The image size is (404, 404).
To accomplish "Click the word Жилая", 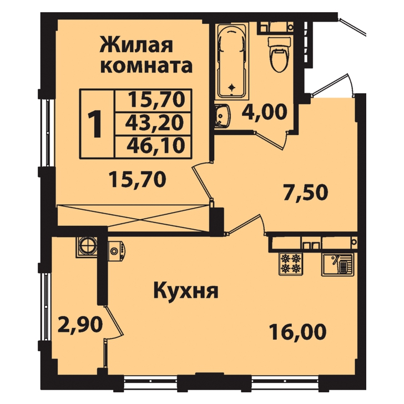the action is point(137,45).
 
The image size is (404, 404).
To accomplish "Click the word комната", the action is point(147,65).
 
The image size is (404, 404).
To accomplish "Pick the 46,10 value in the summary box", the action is point(156,145).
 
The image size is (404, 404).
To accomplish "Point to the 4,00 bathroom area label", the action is point(264,112).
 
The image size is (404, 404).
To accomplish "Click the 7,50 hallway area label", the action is point(305,192).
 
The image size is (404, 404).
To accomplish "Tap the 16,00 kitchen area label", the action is point(297,332).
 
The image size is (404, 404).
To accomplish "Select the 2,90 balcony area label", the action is point(80,325).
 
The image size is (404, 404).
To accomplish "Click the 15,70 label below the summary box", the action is point(137,179).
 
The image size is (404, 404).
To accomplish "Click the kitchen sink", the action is point(337,265).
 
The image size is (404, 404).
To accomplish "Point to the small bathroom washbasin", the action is point(223,116).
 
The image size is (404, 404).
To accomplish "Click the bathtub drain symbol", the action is point(233,87).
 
